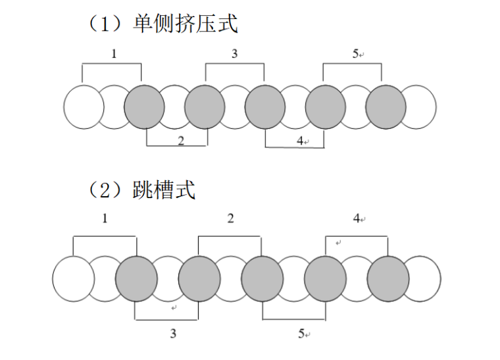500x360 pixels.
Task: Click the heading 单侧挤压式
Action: tap(186, 23)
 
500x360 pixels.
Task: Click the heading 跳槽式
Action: tap(164, 190)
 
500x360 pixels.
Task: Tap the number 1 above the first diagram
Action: tap(114, 53)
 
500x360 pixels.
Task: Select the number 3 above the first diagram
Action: tap(234, 53)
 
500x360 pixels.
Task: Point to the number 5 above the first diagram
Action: tap(355, 53)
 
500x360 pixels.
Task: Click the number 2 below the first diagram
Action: tap(181, 141)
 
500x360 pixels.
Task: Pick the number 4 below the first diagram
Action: tap(300, 141)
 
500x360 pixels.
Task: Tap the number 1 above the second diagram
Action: tap(105, 219)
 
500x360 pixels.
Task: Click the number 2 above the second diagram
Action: tap(230, 219)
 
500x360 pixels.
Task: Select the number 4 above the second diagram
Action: tap(357, 219)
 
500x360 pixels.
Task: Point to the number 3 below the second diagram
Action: tap(173, 333)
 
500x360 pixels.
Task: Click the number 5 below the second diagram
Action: tap(301, 333)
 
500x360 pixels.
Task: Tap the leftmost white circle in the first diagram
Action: tap(84, 107)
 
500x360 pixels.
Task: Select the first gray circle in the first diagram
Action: tap(144, 107)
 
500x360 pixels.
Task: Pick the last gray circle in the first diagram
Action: tap(386, 107)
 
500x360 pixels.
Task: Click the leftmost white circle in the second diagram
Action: tap(73, 278)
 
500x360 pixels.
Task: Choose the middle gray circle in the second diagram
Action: tap(262, 278)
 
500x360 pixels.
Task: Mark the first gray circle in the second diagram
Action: tap(136, 278)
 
